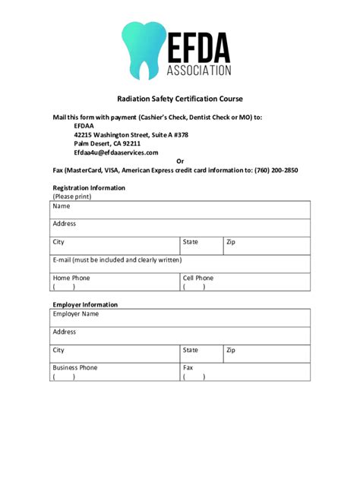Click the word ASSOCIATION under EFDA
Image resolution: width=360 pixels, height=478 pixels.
coord(199,71)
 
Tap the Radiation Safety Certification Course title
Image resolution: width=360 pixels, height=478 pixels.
coord(180,99)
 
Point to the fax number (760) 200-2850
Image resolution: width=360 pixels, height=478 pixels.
coord(276,170)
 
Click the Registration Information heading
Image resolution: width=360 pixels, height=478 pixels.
coord(89,187)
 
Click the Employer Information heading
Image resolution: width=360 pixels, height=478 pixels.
coord(85,305)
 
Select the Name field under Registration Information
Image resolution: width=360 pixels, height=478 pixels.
coord(181,210)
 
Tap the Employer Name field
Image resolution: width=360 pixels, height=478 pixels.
coord(181,318)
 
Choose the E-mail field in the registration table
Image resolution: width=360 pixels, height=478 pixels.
coord(181,264)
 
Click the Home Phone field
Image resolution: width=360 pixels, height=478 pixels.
coord(115,282)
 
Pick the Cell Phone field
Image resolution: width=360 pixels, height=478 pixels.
coord(245,282)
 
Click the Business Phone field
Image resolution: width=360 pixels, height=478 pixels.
coord(115,372)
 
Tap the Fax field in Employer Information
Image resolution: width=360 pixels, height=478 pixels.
coord(245,372)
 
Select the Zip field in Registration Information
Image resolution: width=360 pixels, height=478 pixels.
coord(267,246)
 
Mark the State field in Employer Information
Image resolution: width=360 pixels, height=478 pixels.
coord(201,354)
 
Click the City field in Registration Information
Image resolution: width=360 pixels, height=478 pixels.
coord(115,246)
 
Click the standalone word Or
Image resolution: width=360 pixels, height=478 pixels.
coord(180,161)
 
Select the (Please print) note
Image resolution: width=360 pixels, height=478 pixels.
coord(72,197)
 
